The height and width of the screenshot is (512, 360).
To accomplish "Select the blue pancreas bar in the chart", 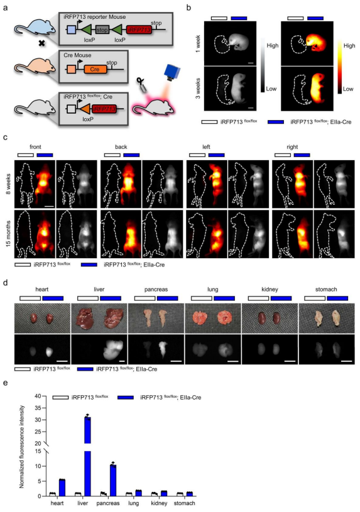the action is pos(113,481).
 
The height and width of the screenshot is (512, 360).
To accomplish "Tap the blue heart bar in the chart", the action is pos(62,488).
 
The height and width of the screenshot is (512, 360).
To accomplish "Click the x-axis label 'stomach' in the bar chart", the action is pos(184,503).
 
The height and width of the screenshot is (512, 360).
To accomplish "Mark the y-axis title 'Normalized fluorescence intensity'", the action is pos(22,447).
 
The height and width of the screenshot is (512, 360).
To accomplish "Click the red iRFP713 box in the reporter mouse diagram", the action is pos(139,30).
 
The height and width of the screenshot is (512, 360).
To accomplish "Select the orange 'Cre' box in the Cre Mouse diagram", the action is pos(95,70).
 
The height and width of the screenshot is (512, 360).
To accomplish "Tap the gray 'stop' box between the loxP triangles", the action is pos(102,30).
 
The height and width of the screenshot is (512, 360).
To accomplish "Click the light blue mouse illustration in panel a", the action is pos(30,28).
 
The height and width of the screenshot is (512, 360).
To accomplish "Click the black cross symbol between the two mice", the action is pos(41,43).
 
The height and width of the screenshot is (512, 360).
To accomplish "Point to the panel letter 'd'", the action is pos(6,282).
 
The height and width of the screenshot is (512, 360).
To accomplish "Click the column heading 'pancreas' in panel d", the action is pos(156,290).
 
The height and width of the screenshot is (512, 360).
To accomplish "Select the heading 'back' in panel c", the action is pos(121,147).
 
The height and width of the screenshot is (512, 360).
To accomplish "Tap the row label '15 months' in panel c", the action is pos(8,234).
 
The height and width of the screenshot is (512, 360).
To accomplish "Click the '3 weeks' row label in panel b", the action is pos(198,88).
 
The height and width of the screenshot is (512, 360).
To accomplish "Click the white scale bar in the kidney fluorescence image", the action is pos(290,361).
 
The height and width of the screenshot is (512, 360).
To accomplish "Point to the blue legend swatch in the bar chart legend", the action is pos(126,398).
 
